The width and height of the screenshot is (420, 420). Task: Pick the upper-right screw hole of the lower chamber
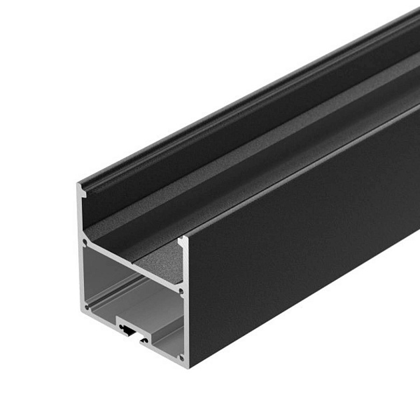180,290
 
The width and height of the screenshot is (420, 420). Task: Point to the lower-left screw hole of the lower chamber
86,303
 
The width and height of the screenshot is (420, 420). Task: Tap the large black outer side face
300,267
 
